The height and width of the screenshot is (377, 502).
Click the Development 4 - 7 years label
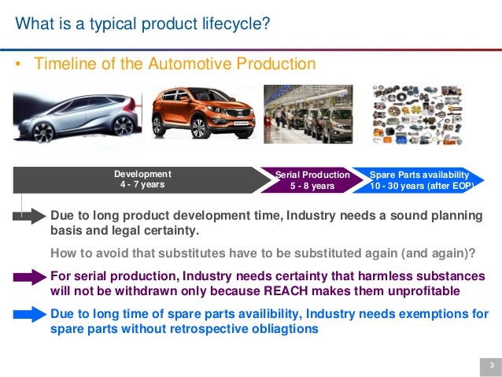142,179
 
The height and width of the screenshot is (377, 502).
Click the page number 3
490,365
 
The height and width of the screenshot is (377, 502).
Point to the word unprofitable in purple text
443,291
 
